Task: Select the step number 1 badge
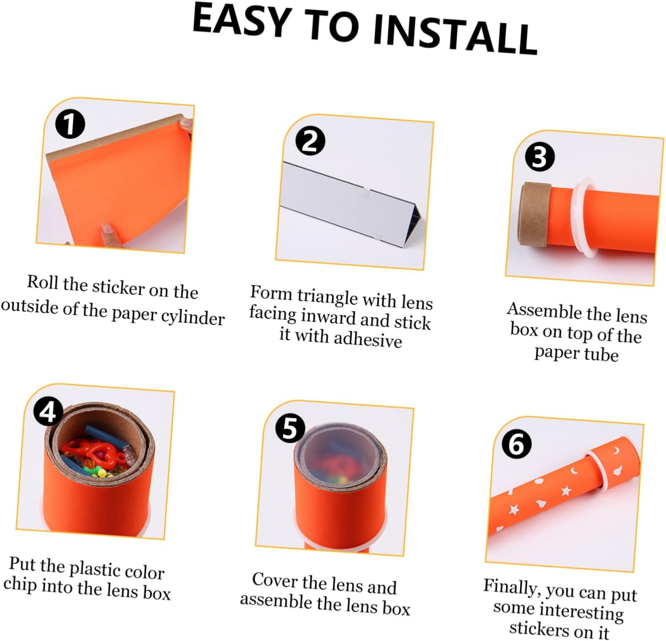pyautogui.click(x=70, y=124)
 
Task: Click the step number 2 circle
pyautogui.click(x=310, y=141)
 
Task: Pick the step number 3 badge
pyautogui.click(x=540, y=157)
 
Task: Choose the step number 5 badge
pyautogui.click(x=290, y=428)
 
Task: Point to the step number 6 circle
pyautogui.click(x=516, y=444)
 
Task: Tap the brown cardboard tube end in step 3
pyautogui.click(x=534, y=213)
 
